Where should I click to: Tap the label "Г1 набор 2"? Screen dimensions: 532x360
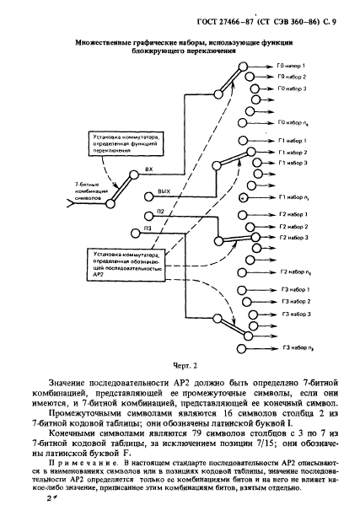293,152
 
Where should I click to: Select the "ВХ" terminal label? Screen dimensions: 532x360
148,169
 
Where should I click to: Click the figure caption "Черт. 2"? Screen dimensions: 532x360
179,367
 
